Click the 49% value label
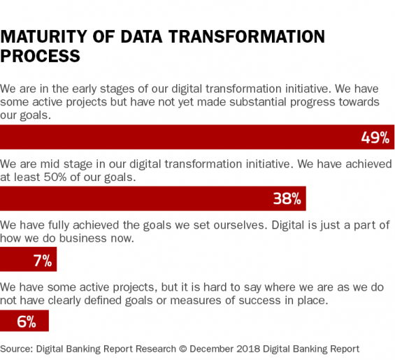click(x=375, y=138)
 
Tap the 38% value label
click(x=287, y=199)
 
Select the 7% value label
click(x=43, y=261)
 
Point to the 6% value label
click(x=27, y=322)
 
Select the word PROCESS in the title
click(x=41, y=56)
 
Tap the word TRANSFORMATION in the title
click(x=247, y=37)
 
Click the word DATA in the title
click(x=142, y=37)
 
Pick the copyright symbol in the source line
click(x=183, y=349)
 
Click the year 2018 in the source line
click(x=248, y=349)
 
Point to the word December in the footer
click(x=212, y=349)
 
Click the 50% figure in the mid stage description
click(x=55, y=177)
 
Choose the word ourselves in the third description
click(x=240, y=225)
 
